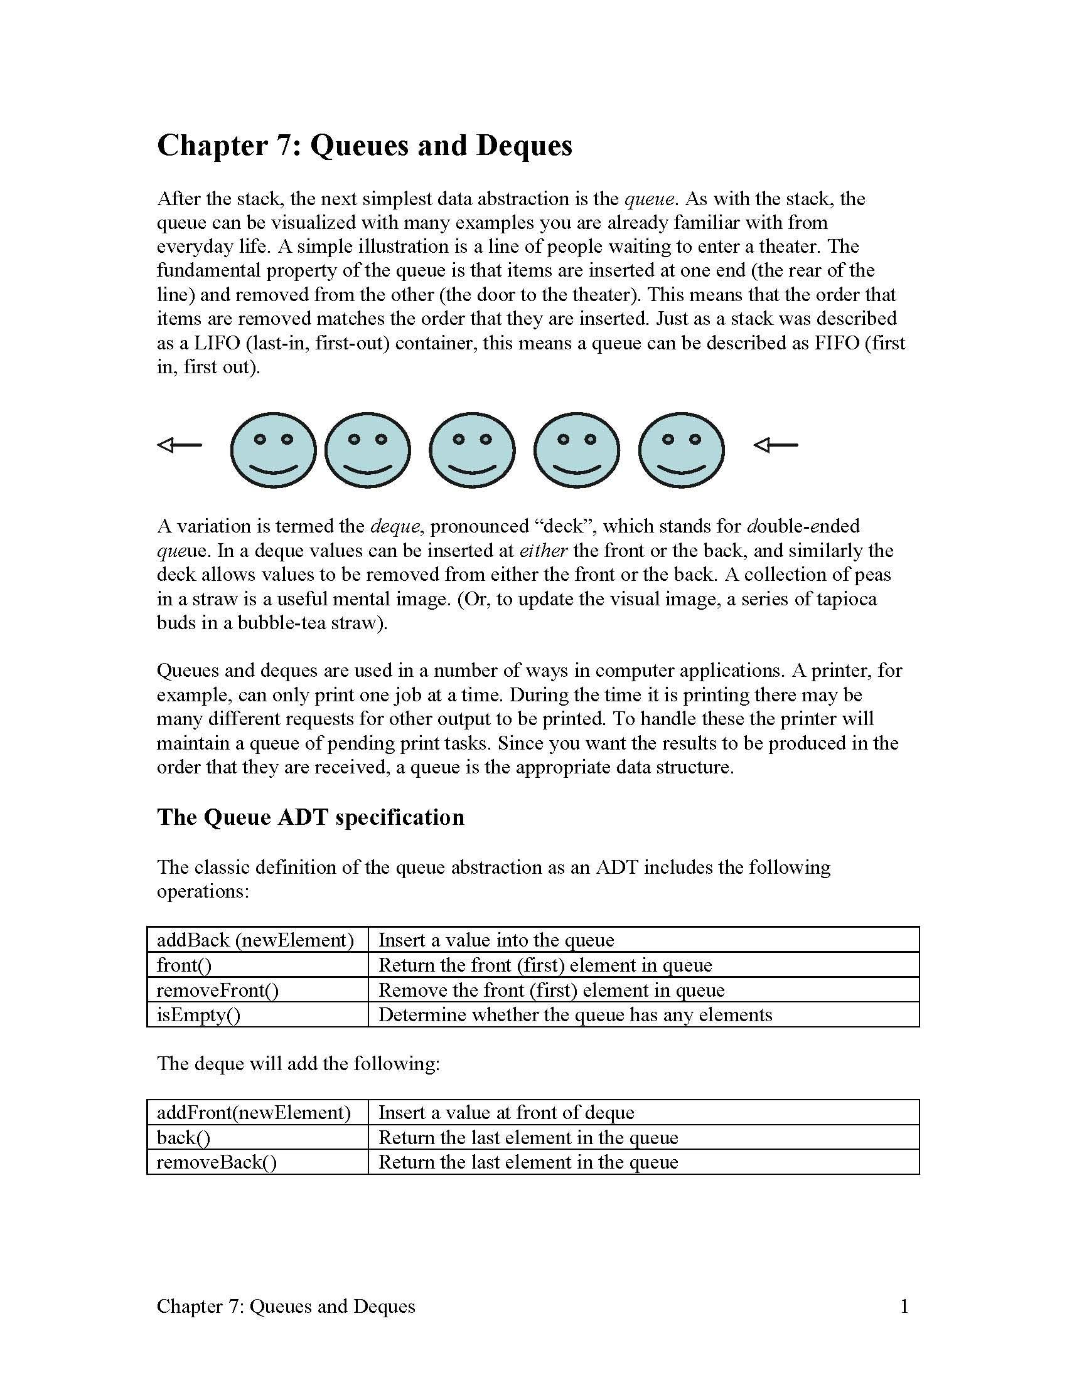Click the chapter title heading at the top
click(364, 146)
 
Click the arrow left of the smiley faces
click(179, 445)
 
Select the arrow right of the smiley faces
click(776, 445)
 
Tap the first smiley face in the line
click(273, 450)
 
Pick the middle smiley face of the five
click(472, 450)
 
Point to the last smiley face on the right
click(682, 450)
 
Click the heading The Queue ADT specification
click(310, 817)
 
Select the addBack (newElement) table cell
click(255, 940)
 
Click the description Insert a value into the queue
click(496, 940)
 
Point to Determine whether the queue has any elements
click(575, 1015)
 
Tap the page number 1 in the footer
click(904, 1306)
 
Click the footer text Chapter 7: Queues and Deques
click(286, 1306)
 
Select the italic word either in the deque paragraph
click(543, 551)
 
